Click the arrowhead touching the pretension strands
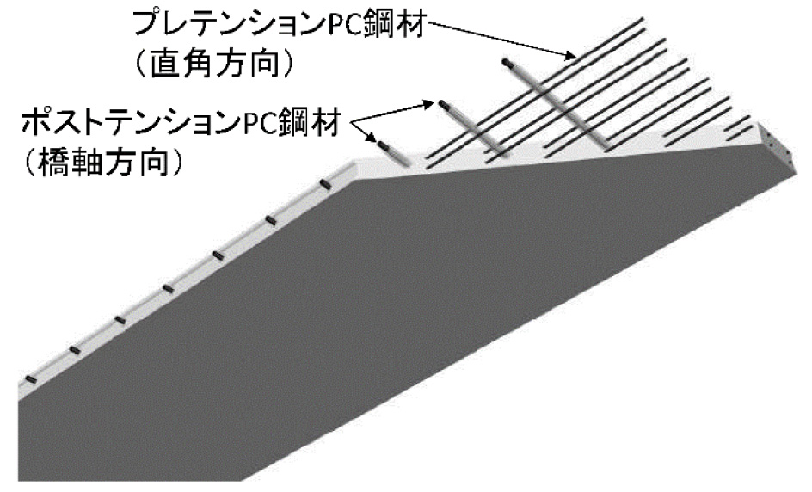(571, 57)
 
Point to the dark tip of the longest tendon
(507, 62)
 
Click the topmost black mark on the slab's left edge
(326, 183)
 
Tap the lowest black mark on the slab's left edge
(31, 378)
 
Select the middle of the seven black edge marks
(168, 289)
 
